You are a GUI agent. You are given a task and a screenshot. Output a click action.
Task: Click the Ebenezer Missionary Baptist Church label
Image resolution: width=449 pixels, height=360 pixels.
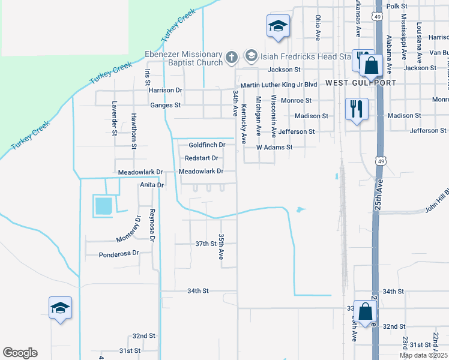184,58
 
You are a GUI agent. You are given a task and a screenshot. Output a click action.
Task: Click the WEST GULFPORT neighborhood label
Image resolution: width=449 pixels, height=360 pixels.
361,82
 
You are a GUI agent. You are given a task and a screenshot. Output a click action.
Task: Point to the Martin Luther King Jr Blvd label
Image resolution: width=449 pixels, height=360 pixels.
279,86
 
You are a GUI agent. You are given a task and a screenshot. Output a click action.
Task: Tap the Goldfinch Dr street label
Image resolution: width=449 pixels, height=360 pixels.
206,145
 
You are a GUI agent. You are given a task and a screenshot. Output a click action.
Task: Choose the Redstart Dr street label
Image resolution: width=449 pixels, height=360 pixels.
201,158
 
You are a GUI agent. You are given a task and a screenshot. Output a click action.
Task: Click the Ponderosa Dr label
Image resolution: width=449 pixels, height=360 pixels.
119,254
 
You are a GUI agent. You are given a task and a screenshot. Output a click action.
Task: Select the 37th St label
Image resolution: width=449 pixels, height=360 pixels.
205,244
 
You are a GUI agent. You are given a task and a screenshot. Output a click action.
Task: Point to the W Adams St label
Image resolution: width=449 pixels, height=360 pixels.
274,147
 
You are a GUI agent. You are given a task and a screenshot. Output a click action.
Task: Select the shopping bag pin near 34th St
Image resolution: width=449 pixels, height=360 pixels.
365,311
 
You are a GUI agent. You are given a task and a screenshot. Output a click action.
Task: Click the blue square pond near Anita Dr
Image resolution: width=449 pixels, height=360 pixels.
103,206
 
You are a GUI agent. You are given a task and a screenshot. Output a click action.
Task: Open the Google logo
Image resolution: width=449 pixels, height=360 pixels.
20,353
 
